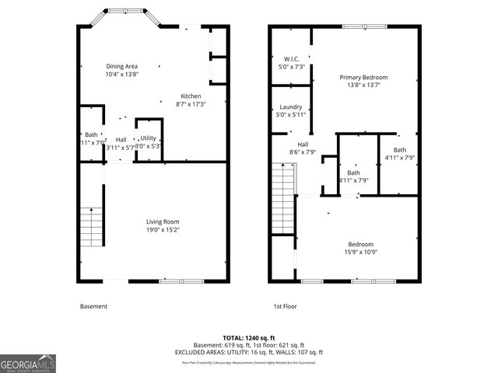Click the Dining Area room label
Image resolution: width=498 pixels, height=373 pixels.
(121, 67)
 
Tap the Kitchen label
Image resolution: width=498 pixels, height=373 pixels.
(191, 96)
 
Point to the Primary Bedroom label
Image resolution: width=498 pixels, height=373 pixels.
(363, 78)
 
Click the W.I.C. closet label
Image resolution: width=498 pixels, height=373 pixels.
(292, 59)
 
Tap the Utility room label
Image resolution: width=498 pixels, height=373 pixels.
(148, 138)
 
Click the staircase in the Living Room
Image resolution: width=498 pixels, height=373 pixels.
(93, 227)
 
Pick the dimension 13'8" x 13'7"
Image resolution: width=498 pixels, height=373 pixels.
(363, 86)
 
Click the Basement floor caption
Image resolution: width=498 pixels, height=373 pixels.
(93, 306)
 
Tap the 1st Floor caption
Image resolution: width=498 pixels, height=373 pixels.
(285, 306)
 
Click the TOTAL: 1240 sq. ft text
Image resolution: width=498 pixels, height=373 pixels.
(249, 339)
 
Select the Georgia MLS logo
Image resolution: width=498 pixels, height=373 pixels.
(28, 363)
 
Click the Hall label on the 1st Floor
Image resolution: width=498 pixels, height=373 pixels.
(303, 144)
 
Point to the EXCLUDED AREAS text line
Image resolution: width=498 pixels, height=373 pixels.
(249, 352)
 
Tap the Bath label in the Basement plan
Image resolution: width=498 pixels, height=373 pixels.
(91, 134)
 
